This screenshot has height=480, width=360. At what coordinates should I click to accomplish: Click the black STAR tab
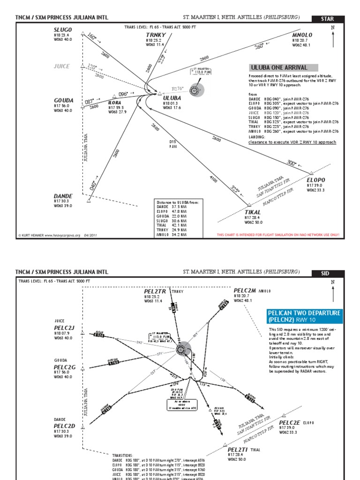(327, 19)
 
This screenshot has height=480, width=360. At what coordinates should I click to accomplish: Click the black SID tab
(327, 272)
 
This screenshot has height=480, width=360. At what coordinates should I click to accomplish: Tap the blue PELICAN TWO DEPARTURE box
(304, 316)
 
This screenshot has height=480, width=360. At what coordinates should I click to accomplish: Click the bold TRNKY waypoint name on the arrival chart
(156, 35)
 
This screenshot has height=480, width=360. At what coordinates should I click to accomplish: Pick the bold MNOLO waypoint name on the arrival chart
(302, 35)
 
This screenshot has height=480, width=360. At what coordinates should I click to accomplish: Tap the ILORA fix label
(115, 102)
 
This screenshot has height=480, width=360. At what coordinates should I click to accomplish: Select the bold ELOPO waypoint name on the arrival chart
(315, 180)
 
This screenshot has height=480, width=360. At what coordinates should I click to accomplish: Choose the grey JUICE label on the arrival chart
(62, 66)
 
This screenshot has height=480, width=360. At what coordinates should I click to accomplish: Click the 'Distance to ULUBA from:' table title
(178, 202)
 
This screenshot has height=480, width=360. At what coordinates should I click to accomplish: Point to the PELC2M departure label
(244, 291)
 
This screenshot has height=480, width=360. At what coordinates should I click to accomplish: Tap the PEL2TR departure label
(155, 291)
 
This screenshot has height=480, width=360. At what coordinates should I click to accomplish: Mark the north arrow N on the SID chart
(333, 282)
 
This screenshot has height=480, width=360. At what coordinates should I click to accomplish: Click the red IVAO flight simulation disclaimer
(277, 235)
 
